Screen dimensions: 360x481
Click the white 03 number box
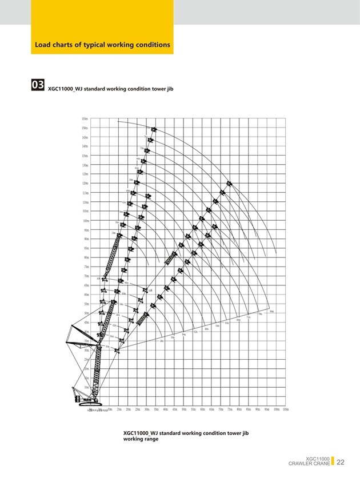point(38,85)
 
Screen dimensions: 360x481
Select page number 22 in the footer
point(341,462)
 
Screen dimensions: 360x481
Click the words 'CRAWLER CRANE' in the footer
point(309,464)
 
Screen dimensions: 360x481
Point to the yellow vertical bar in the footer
point(332,461)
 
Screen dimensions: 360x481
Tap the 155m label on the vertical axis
point(85,118)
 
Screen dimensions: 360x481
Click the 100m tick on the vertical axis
point(85,221)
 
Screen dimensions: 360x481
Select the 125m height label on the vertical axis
point(85,174)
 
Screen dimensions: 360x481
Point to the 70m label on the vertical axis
point(85,276)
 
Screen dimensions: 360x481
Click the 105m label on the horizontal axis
point(285,410)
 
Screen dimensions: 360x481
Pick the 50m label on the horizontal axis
point(184,410)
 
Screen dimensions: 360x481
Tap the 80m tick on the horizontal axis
point(239,410)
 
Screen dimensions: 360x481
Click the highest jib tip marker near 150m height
point(154,130)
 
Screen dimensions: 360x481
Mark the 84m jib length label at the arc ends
point(271,311)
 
